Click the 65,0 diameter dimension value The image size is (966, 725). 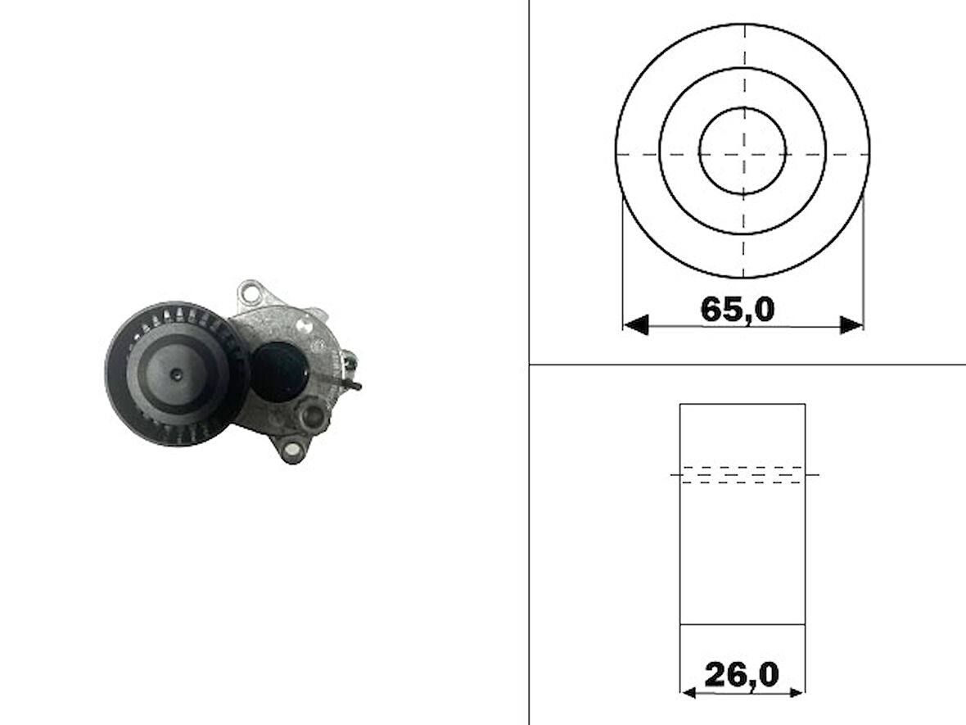coord(737,310)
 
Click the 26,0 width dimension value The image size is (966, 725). coord(742,675)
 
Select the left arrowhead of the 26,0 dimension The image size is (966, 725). coord(688,693)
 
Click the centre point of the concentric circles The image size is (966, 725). coord(743,152)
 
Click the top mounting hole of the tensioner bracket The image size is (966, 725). coord(251,292)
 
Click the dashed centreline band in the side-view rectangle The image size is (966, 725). coord(743,474)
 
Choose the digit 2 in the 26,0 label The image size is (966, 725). coord(717,675)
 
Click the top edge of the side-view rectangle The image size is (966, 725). coord(743,404)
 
